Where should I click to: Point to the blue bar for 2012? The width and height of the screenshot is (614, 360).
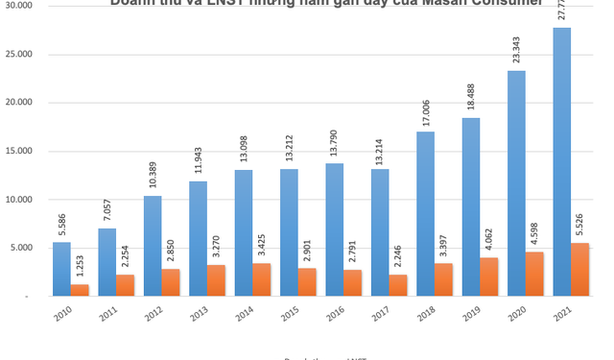[x=153, y=246]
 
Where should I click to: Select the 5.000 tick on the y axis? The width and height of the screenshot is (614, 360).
[x=22, y=249]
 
